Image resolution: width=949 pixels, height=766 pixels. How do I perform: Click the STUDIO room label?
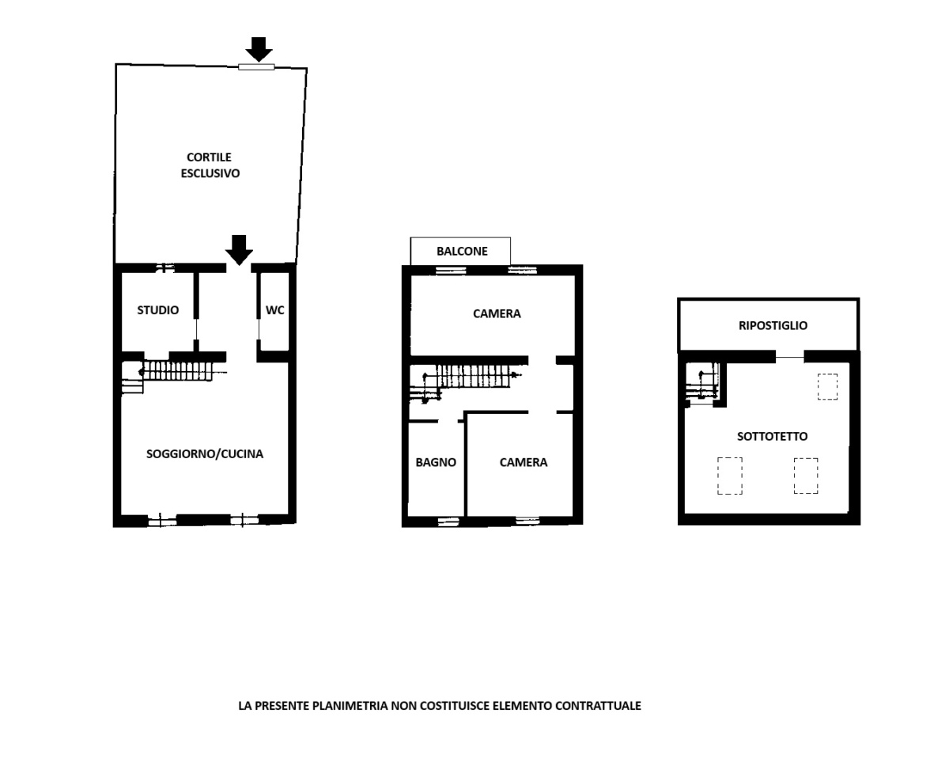pyautogui.click(x=158, y=310)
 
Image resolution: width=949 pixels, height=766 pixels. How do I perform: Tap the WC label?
pyautogui.click(x=274, y=310)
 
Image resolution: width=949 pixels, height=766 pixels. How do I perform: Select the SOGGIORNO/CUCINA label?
pyautogui.click(x=205, y=454)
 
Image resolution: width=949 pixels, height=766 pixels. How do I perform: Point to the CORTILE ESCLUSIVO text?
pyautogui.click(x=210, y=165)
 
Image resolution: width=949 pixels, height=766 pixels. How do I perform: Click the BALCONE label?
pyautogui.click(x=462, y=252)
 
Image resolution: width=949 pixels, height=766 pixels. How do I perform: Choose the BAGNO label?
pyautogui.click(x=436, y=462)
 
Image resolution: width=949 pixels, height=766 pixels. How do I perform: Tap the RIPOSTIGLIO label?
pyautogui.click(x=773, y=326)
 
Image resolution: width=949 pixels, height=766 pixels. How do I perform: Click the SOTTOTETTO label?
pyautogui.click(x=772, y=436)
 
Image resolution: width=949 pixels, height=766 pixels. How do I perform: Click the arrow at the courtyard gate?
pyautogui.click(x=259, y=49)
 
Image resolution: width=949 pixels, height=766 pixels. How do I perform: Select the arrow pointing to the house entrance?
pyautogui.click(x=239, y=250)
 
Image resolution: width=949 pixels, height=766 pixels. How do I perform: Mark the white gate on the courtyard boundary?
pyautogui.click(x=256, y=67)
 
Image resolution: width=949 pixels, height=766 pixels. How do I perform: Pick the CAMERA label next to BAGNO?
pyautogui.click(x=524, y=462)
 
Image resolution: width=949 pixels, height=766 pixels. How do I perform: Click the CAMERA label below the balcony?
pyautogui.click(x=497, y=313)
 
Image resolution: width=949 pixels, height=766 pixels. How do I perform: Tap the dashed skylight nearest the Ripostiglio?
pyautogui.click(x=827, y=386)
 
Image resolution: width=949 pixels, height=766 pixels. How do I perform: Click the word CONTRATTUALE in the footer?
pyautogui.click(x=598, y=706)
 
